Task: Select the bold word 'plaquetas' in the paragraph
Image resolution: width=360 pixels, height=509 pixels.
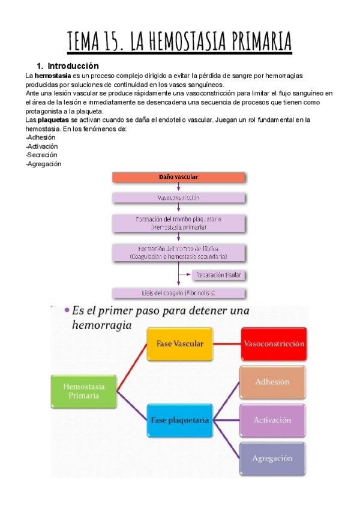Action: (x=51, y=120)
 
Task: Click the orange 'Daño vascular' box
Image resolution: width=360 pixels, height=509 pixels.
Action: (x=178, y=177)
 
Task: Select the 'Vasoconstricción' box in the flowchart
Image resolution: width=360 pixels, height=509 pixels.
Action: (x=178, y=197)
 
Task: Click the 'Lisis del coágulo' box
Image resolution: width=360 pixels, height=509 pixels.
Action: (x=178, y=293)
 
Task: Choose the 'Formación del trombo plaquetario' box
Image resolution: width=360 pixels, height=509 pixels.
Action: (x=178, y=223)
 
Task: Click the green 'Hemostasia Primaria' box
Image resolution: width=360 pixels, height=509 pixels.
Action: (x=83, y=391)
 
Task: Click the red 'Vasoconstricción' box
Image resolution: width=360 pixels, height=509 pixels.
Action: (x=274, y=344)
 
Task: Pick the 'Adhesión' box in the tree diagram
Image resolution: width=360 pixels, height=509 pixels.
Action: (x=272, y=382)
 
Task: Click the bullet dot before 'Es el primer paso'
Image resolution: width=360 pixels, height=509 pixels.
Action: (x=65, y=311)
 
